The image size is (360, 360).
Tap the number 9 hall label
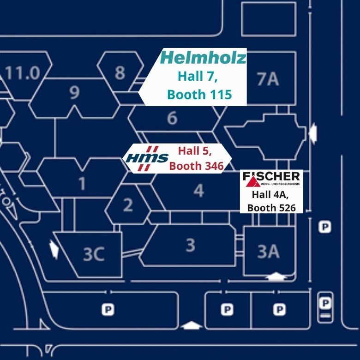(75, 93)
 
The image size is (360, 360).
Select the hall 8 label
(120, 72)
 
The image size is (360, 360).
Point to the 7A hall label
(268, 79)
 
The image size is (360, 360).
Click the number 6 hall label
(172, 118)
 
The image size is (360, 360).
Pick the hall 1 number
(82, 184)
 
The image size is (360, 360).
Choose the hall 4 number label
(198, 191)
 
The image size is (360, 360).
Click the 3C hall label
(94, 254)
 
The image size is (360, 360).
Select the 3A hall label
(268, 252)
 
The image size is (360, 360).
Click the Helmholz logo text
(203, 58)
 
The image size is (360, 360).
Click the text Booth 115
(199, 95)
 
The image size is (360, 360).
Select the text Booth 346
(196, 166)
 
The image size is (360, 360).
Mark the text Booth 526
(271, 208)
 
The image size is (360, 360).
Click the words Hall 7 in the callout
(198, 76)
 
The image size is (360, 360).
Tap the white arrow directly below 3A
(276, 277)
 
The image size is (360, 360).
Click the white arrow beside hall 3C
(54, 250)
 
